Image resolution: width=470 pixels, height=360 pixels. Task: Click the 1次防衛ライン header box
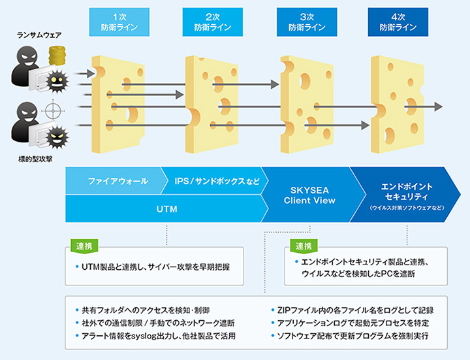(115, 22)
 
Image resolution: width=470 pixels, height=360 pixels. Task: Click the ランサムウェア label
(39, 35)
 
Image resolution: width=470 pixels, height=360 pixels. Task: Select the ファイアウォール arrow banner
(117, 181)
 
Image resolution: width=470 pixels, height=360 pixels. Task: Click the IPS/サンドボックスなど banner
(216, 181)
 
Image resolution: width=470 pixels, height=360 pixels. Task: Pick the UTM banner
(166, 209)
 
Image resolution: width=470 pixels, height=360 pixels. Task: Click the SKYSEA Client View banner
(309, 195)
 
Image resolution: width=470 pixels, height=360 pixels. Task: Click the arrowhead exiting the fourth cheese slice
(439, 106)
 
